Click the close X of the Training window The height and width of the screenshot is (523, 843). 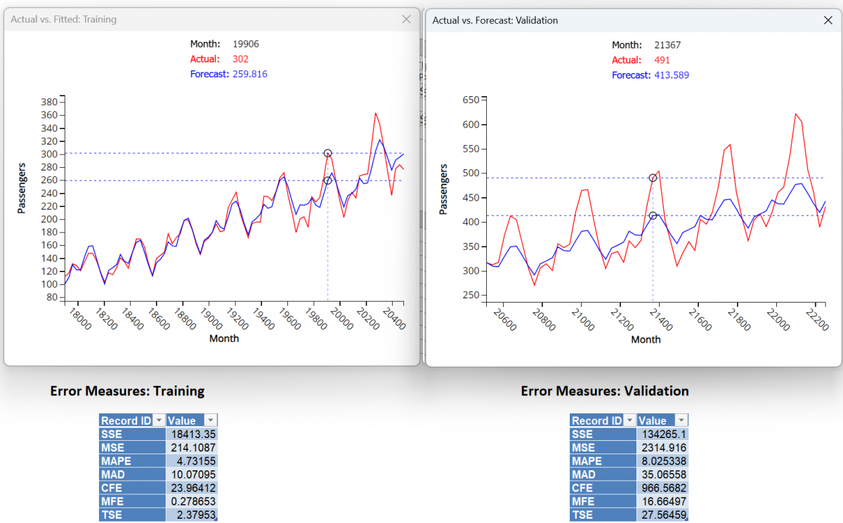pos(406,20)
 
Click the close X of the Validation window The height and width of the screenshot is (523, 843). pos(828,20)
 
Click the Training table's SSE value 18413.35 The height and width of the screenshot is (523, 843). pos(192,434)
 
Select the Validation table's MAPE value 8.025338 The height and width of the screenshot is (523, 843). pos(662,461)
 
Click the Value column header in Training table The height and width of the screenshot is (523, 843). pos(183,421)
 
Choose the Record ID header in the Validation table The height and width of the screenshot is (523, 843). pos(597,421)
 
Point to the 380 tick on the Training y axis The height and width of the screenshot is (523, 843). pos(48,102)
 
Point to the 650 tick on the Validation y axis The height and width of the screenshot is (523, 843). pos(470,100)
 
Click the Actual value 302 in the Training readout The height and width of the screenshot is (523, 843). pos(240,59)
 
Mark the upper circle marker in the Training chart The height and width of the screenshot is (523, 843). pos(327,153)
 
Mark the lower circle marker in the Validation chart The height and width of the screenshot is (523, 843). pos(653,216)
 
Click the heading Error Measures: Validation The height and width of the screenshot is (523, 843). pos(604,391)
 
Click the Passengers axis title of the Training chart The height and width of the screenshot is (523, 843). pos(22,190)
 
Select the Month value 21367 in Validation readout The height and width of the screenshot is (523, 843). pos(667,45)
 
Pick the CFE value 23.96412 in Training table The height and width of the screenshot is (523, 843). pos(192,488)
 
